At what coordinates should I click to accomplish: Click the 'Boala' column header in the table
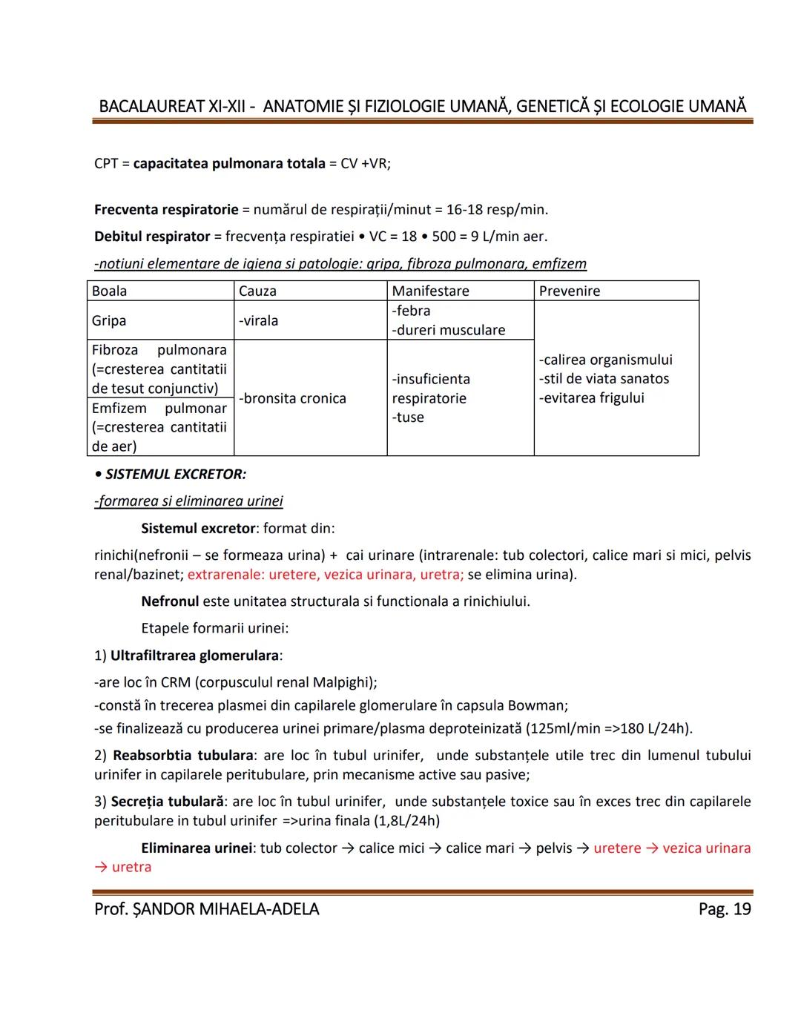(x=109, y=291)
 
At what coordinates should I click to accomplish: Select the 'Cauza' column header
(x=257, y=291)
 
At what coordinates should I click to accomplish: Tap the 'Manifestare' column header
(x=430, y=291)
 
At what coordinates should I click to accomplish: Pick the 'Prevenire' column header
(x=570, y=291)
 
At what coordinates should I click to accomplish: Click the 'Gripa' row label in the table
(x=109, y=320)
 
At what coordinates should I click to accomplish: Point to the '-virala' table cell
(x=259, y=320)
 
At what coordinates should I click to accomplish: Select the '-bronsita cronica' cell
(x=293, y=398)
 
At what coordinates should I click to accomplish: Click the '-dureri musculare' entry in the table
(x=449, y=330)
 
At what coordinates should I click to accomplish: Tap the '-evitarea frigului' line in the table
(x=592, y=397)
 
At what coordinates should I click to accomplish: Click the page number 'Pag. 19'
(x=724, y=909)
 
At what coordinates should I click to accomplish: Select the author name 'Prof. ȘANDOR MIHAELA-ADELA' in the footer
(x=206, y=909)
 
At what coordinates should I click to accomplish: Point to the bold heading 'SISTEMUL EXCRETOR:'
(x=176, y=474)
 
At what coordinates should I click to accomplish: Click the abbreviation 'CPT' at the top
(x=106, y=163)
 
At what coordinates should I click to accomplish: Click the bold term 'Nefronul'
(x=170, y=601)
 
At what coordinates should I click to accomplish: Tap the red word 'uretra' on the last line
(x=131, y=867)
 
